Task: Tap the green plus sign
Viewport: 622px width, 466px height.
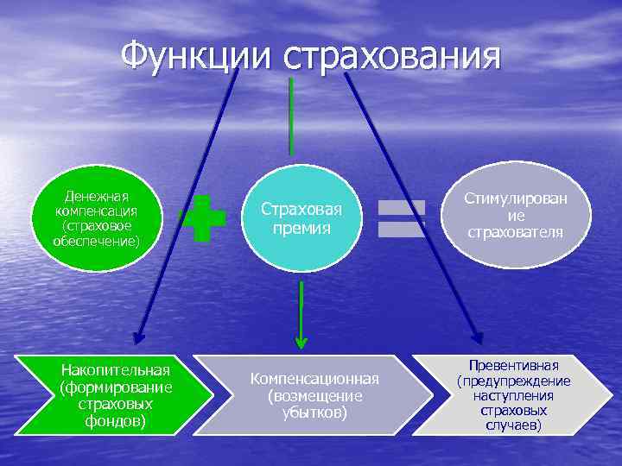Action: (x=205, y=217)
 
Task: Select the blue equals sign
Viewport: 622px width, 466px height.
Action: (x=403, y=218)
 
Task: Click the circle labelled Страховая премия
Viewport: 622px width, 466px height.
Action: (x=301, y=219)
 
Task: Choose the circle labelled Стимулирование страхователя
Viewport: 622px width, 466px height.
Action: (x=515, y=216)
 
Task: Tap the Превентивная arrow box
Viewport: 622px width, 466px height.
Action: (x=513, y=396)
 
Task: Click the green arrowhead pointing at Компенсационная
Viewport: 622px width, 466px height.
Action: (x=301, y=343)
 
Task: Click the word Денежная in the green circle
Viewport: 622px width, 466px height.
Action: (x=96, y=196)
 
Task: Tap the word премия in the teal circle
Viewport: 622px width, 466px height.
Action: (x=301, y=229)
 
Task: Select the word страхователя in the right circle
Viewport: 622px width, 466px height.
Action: (x=515, y=232)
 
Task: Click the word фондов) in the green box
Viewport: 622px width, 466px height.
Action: (x=116, y=422)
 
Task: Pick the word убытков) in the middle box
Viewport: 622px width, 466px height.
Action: (x=314, y=412)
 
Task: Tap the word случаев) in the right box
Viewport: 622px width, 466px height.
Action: (x=514, y=425)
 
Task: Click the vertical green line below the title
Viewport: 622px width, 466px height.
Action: (x=291, y=116)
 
